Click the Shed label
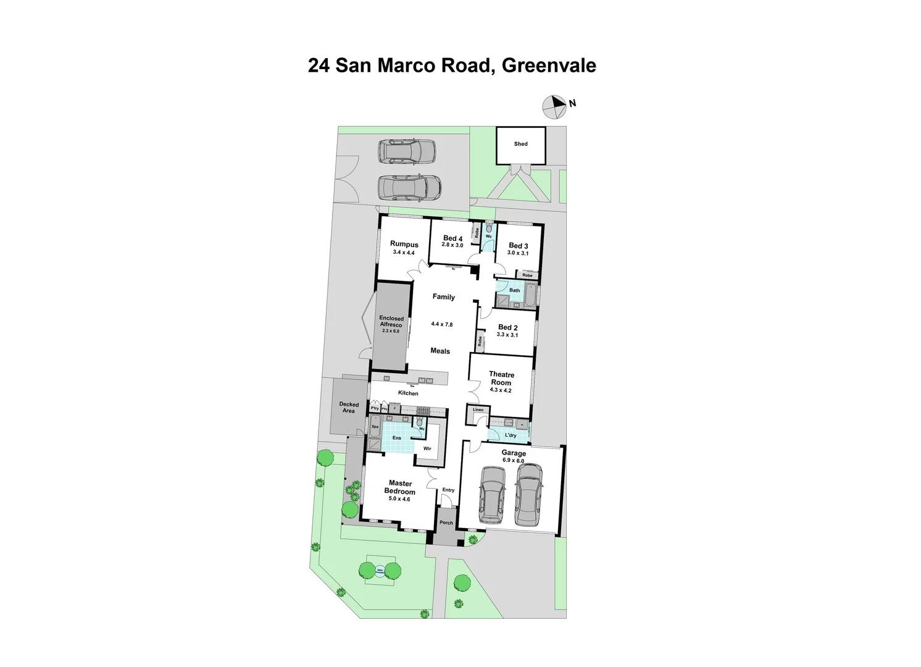tap(520, 144)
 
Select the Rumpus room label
tap(404, 245)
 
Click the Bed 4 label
tap(452, 238)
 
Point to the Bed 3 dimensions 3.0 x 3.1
tap(518, 253)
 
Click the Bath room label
tap(514, 290)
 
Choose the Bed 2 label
tap(507, 327)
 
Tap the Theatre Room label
tap(501, 379)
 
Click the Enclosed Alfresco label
tap(391, 321)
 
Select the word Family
tap(443, 297)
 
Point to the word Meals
tap(440, 351)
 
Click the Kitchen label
tap(408, 393)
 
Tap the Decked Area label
tap(349, 408)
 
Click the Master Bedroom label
tap(400, 487)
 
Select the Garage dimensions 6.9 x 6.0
tap(513, 461)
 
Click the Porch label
tap(446, 522)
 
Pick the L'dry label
tap(511, 435)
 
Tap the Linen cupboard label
tap(478, 409)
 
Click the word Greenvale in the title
tap(549, 65)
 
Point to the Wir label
tap(427, 449)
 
